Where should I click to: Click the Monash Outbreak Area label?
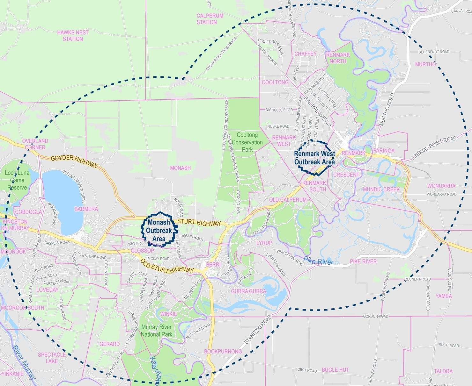pyautogui.click(x=159, y=230)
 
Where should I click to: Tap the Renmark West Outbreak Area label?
pyautogui.click(x=314, y=158)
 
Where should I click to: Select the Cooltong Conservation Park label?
pyautogui.click(x=247, y=142)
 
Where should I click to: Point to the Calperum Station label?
pyautogui.click(x=210, y=19)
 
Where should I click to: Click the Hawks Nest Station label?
pyautogui.click(x=73, y=35)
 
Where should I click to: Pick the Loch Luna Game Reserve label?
pyautogui.click(x=17, y=180)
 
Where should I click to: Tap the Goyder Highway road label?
pyautogui.click(x=74, y=161)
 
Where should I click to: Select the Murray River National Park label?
pyautogui.click(x=157, y=331)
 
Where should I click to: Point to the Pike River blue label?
pyautogui.click(x=318, y=261)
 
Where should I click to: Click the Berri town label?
pyautogui.click(x=213, y=264)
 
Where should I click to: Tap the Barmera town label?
pyautogui.click(x=86, y=209)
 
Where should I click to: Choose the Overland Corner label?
pyautogui.click(x=35, y=144)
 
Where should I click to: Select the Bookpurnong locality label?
pyautogui.click(x=223, y=351)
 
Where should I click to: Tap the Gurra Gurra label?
pyautogui.click(x=248, y=291)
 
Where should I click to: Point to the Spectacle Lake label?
pyautogui.click(x=52, y=358)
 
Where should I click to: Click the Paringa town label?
pyautogui.click(x=384, y=151)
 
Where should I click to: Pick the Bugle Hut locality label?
pyautogui.click(x=335, y=370)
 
